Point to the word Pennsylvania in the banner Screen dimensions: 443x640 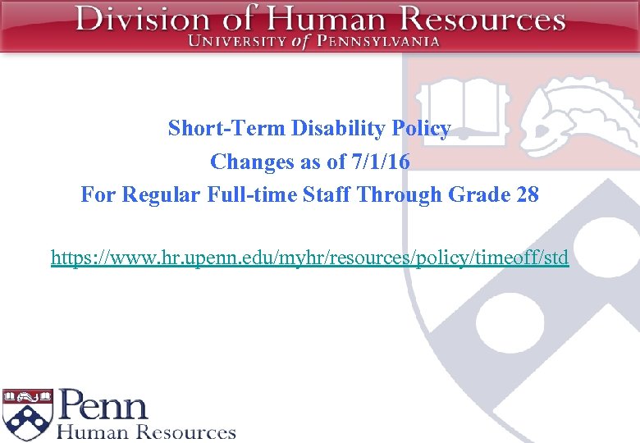377,41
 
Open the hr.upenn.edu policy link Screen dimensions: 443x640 309,258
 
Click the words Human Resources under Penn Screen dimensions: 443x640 146,432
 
